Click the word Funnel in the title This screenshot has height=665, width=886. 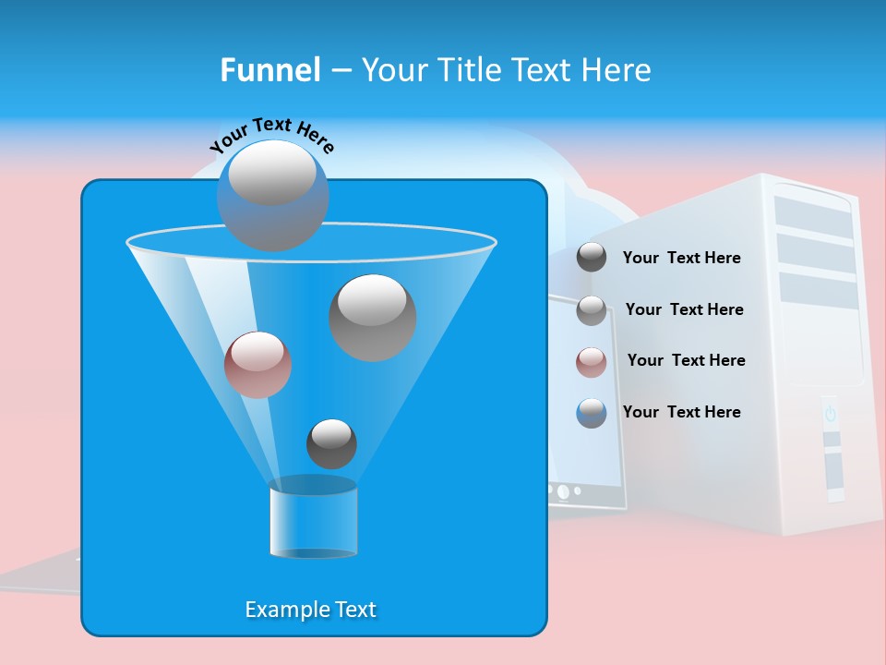tap(269, 70)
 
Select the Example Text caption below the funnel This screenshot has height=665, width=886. tap(310, 610)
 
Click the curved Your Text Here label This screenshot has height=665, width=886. tap(271, 135)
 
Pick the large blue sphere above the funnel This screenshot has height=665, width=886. tap(272, 195)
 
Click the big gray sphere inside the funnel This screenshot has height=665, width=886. tap(372, 317)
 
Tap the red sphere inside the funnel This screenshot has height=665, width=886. tap(257, 364)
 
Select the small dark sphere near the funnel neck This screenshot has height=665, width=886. tap(331, 443)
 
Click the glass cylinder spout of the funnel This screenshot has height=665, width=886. tap(313, 520)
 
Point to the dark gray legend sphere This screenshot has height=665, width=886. tap(592, 257)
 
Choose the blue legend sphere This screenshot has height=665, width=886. tap(592, 412)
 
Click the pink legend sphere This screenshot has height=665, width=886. tap(592, 361)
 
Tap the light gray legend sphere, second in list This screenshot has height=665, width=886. tap(592, 310)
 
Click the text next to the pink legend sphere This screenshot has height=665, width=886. tap(686, 360)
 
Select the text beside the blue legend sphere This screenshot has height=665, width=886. tap(681, 412)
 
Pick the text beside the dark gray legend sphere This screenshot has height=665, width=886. tap(681, 258)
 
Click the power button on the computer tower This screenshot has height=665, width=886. tap(830, 414)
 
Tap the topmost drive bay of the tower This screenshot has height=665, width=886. tap(813, 214)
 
